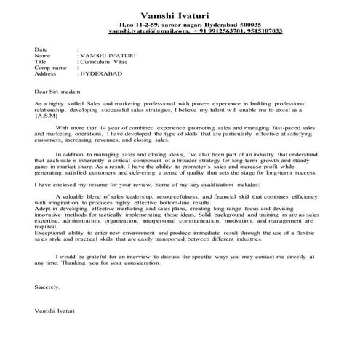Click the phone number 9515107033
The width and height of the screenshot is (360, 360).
pyautogui.click(x=261, y=33)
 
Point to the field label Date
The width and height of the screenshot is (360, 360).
pyautogui.click(x=41, y=49)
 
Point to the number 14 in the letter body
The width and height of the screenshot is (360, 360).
pyautogui.click(x=98, y=127)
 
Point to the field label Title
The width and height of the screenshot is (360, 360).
pyautogui.click(x=41, y=61)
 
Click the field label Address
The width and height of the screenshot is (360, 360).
pyautogui.click(x=45, y=74)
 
